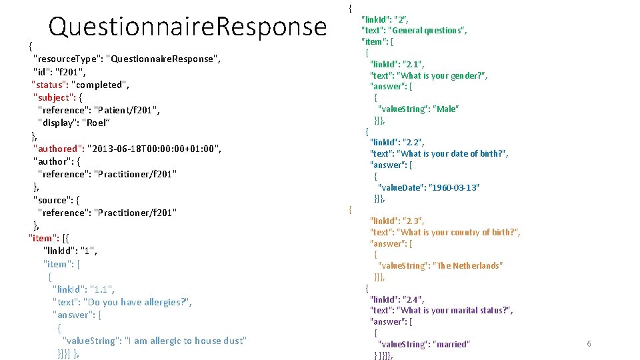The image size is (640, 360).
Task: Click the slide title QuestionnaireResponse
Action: (187, 27)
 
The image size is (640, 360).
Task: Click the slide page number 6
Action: (589, 344)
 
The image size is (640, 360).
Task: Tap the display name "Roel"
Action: (93, 123)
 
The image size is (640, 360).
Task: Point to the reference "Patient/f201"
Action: (127, 110)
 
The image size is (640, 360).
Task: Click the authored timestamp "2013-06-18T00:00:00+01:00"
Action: (154, 148)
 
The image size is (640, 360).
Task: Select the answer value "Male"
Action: (447, 109)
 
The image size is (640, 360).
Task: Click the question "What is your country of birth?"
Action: (458, 232)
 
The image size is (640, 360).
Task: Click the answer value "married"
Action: (451, 344)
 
